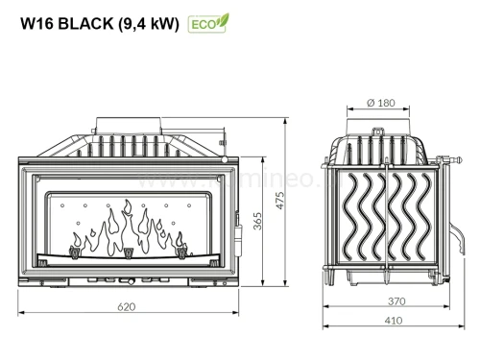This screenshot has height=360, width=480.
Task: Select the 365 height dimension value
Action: click(256, 222)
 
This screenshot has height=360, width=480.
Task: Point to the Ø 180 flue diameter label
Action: click(382, 103)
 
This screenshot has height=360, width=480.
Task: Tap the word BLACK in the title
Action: click(82, 24)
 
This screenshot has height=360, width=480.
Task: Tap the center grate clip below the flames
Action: click(128, 253)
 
